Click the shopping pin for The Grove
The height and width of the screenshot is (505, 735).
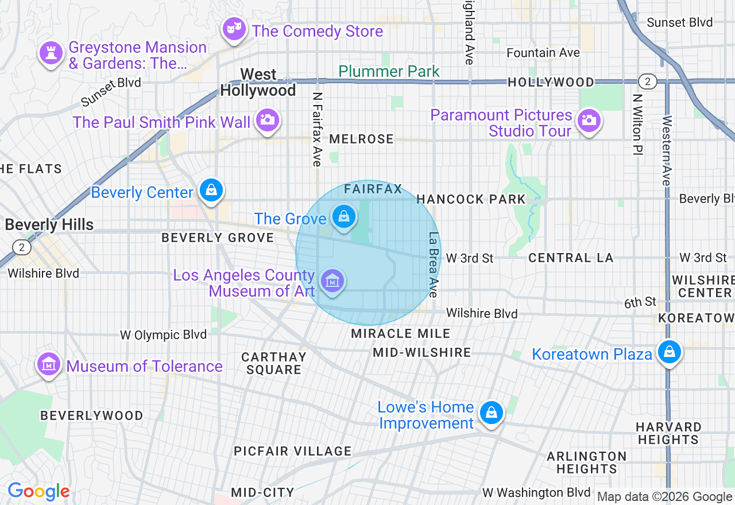click(343, 217)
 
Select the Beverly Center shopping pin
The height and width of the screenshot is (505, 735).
click(211, 189)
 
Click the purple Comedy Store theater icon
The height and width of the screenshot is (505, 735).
click(235, 29)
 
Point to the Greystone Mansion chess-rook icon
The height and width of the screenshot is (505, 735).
click(51, 53)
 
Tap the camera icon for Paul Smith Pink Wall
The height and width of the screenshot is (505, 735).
click(267, 120)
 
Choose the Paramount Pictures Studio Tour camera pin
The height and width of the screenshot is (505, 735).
click(589, 121)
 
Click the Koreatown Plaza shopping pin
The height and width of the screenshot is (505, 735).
click(669, 351)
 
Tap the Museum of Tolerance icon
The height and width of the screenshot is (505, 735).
click(49, 364)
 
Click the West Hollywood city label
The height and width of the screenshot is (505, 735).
click(258, 83)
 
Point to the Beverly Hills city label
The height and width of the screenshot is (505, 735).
click(49, 224)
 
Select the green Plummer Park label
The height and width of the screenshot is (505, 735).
click(389, 72)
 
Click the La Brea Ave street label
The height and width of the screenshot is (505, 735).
click(434, 265)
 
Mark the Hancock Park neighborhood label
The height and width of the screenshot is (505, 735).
click(471, 199)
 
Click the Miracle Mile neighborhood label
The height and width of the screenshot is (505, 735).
click(400, 333)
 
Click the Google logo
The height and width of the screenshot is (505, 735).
click(38, 492)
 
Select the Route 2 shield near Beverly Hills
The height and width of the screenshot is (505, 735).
click(22, 247)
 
